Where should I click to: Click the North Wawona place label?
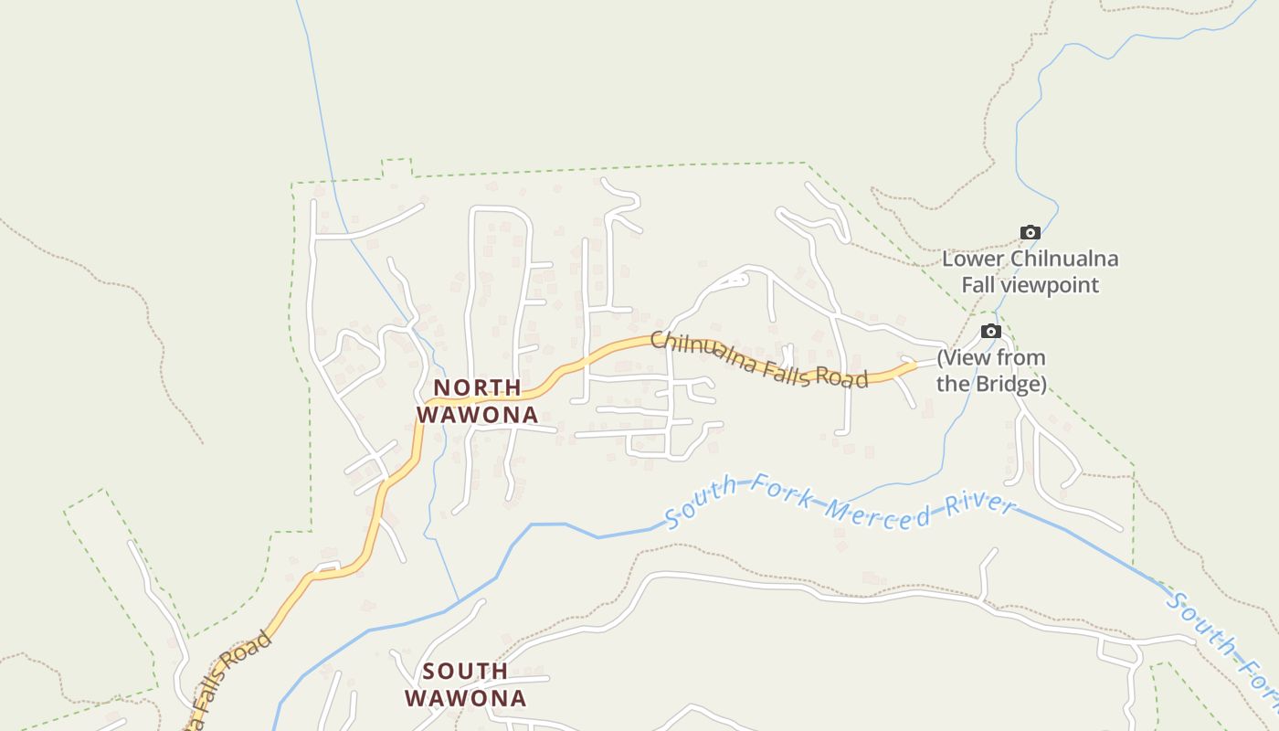[x=477, y=401]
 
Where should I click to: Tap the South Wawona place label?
[x=466, y=685]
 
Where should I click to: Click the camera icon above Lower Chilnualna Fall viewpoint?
[x=1030, y=232]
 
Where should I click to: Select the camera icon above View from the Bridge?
[x=991, y=331]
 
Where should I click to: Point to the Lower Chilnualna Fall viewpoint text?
[x=1030, y=272]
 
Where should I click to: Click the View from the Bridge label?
[x=991, y=370]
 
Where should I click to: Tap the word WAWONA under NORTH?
[x=477, y=415]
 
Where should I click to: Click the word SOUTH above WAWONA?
[x=466, y=672]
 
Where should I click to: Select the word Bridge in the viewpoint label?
[x=1006, y=384]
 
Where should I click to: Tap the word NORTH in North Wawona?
[x=477, y=387]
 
